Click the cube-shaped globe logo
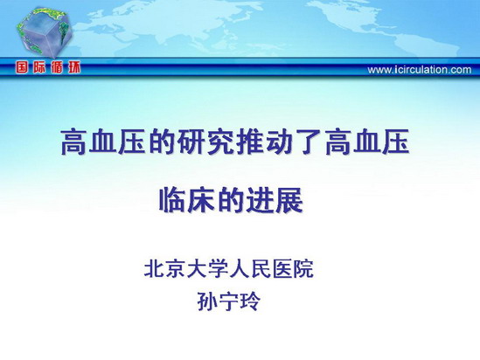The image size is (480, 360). point(44,33)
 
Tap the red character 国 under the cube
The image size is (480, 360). point(23,67)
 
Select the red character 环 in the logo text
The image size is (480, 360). point(74,67)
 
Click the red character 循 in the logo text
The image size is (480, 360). point(57,67)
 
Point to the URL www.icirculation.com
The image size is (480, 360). point(420,70)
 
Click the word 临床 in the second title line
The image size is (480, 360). point(187,200)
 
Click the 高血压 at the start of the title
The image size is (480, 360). point(103,142)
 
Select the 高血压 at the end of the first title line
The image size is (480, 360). point(366,142)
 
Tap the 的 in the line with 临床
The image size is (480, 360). point(231,200)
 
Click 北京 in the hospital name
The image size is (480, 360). point(164,269)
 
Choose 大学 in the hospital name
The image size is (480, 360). point(207,269)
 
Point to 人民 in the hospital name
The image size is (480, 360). point(250,269)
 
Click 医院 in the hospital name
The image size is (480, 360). point(293,269)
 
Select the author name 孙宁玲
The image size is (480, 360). point(229,301)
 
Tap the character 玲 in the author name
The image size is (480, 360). point(251,301)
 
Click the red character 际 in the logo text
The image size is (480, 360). point(39,67)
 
